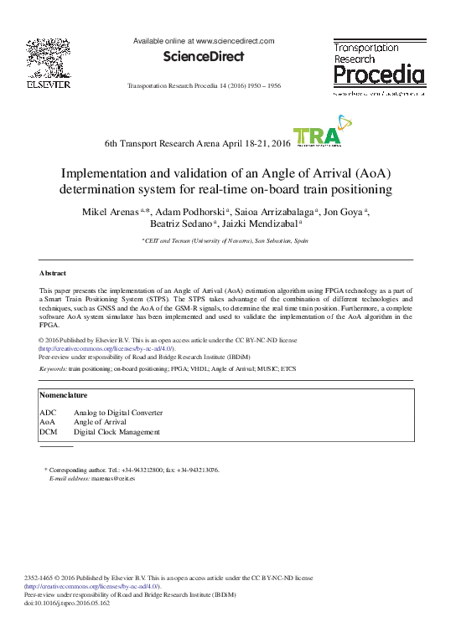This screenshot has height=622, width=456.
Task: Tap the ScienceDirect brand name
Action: click(204, 57)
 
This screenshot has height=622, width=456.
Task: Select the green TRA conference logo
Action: click(316, 138)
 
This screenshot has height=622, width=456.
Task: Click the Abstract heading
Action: click(54, 274)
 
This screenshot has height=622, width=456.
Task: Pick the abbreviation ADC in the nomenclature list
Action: click(48, 413)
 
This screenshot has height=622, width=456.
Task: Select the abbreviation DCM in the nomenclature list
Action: click(49, 432)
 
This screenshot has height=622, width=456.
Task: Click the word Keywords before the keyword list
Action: click(53, 368)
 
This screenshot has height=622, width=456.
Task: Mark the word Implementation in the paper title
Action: click(111, 173)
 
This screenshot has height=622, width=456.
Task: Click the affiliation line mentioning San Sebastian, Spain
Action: click(227, 241)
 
